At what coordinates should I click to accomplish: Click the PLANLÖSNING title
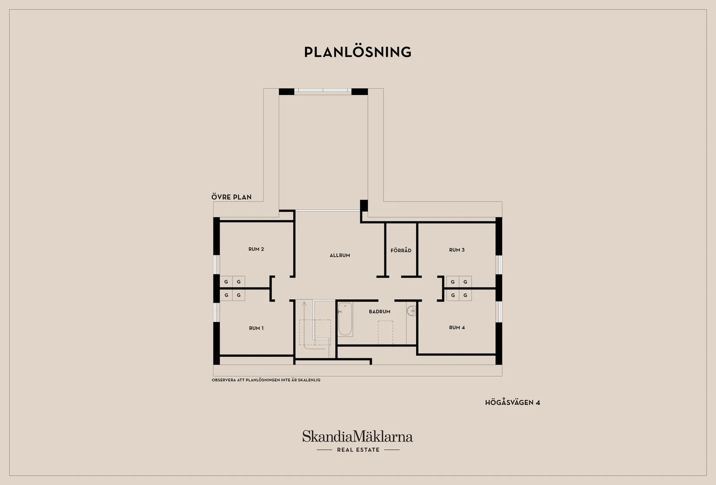tap(358, 52)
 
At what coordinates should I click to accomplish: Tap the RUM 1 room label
tap(256, 328)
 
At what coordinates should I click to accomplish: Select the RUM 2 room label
tap(256, 249)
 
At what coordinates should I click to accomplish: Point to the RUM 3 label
tap(457, 250)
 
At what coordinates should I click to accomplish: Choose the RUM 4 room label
tap(457, 328)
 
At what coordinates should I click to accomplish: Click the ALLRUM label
tap(340, 255)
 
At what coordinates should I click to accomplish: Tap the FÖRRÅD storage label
tap(401, 251)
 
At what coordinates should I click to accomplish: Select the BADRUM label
tap(379, 312)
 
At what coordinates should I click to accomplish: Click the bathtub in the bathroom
tap(345, 319)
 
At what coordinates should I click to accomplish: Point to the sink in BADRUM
tap(411, 311)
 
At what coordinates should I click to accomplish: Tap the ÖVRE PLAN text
tap(231, 197)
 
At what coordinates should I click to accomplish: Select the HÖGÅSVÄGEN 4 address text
tap(512, 402)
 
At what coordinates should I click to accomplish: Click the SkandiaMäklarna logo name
tap(358, 436)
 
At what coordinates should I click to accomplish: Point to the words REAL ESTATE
tap(358, 450)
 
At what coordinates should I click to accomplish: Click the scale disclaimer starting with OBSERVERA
tap(266, 380)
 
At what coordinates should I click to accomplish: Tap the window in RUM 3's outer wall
tap(499, 265)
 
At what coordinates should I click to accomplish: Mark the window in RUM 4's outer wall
tap(499, 312)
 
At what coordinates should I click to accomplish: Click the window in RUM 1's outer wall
tap(217, 312)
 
